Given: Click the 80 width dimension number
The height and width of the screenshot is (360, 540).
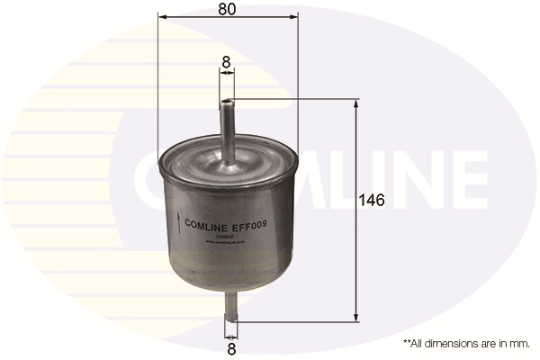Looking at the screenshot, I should click(x=228, y=11).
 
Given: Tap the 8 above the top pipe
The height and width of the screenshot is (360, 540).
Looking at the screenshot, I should click(x=227, y=63).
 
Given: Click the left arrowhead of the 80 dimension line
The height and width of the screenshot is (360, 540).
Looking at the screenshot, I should click(x=161, y=16).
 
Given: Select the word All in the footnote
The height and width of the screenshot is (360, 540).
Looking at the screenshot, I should click(x=419, y=344).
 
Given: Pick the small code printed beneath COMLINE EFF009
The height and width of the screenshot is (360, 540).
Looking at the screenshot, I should click(x=229, y=237).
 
